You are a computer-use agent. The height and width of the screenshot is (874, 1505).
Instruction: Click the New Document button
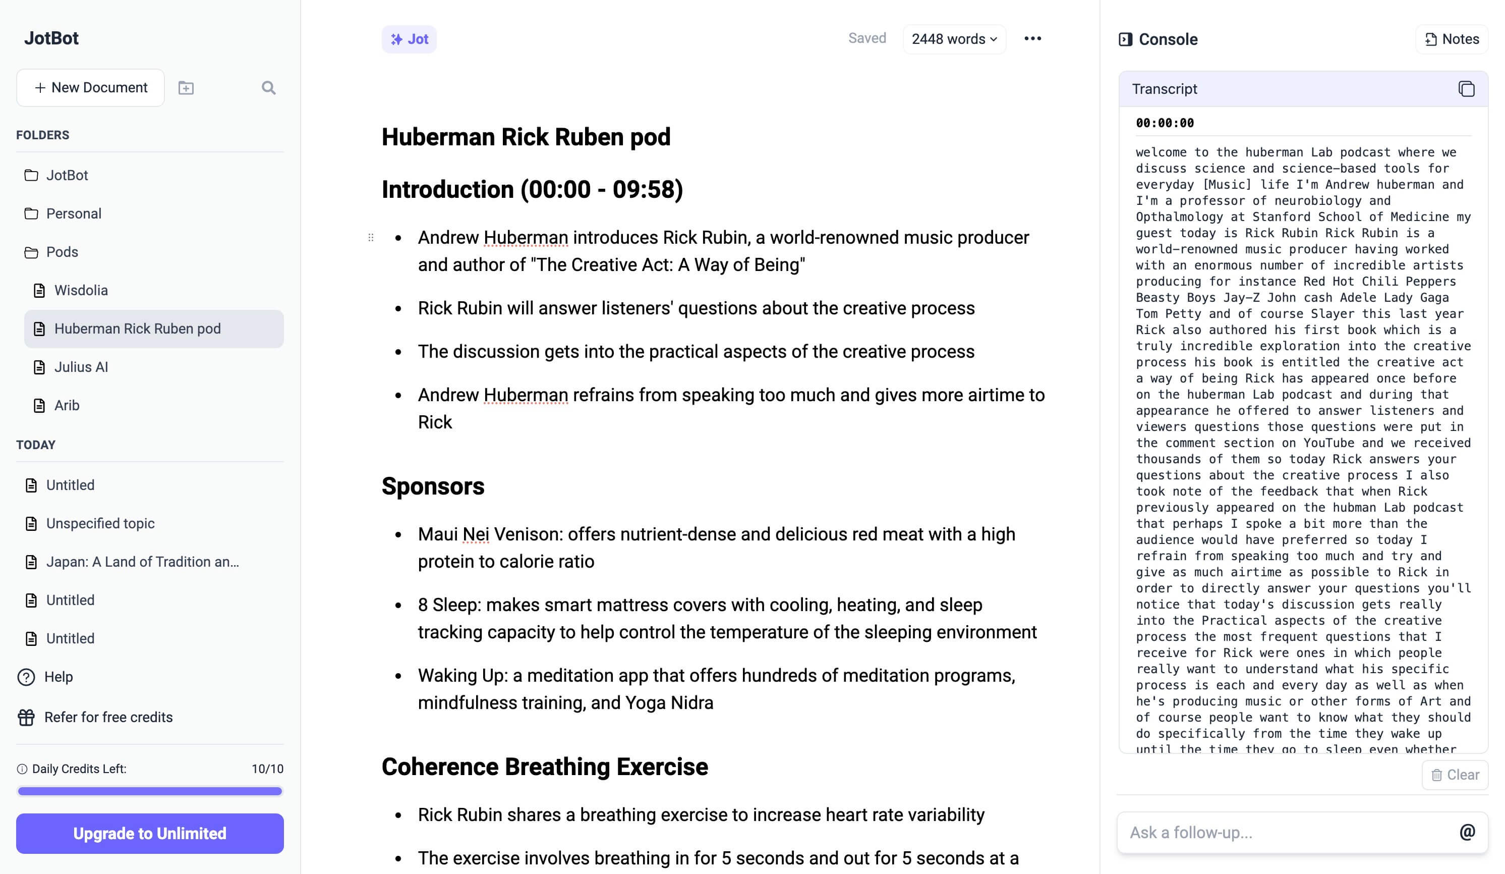(x=90, y=88)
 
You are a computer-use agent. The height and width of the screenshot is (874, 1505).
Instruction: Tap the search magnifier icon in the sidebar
(x=268, y=88)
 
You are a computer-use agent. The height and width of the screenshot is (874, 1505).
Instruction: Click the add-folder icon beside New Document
(x=186, y=88)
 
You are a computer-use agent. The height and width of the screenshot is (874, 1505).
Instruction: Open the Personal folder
(x=74, y=213)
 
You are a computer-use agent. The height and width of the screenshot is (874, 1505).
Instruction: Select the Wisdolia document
(x=81, y=290)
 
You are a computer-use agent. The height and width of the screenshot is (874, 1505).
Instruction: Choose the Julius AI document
(x=81, y=367)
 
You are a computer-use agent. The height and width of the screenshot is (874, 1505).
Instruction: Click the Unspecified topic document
(x=100, y=523)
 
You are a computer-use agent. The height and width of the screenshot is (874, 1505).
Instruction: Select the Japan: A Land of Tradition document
(x=142, y=562)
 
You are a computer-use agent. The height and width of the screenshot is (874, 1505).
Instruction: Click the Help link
(x=58, y=677)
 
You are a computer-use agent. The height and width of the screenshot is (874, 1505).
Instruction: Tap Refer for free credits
(x=108, y=717)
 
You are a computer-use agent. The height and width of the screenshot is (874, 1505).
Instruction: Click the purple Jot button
(x=409, y=39)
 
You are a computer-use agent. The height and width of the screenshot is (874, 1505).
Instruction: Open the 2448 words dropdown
(x=954, y=39)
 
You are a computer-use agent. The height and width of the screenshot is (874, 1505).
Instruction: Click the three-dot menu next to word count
(x=1032, y=39)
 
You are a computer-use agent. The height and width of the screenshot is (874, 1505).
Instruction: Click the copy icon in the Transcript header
(x=1466, y=89)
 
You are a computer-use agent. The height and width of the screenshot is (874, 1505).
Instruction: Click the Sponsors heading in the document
(x=433, y=486)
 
